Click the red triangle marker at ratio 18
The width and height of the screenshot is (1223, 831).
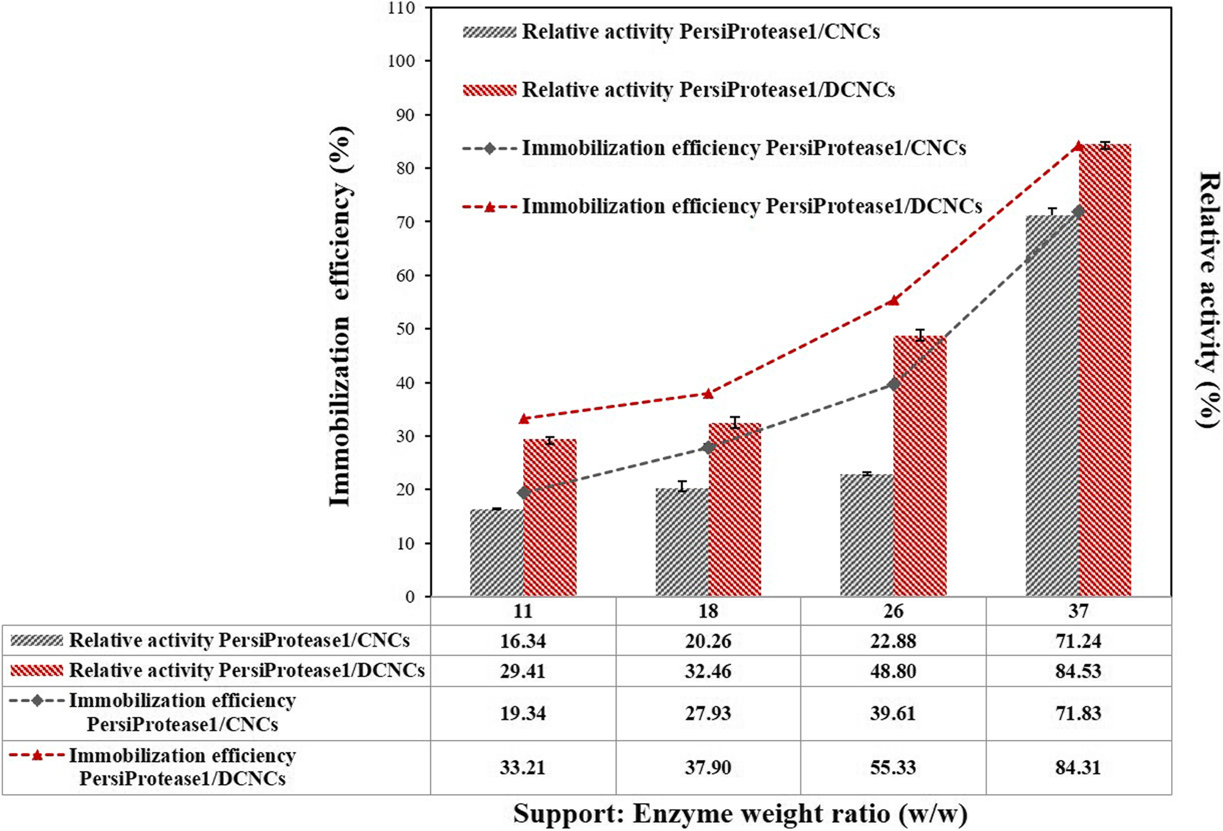tap(708, 393)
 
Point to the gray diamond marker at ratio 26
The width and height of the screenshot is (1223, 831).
tap(893, 384)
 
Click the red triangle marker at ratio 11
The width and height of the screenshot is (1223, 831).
tap(524, 418)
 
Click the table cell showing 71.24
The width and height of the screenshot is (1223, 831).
tap(1078, 641)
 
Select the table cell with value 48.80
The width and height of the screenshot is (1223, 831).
tap(893, 671)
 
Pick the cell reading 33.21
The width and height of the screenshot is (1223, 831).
tap(523, 767)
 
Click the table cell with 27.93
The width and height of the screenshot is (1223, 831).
tap(708, 713)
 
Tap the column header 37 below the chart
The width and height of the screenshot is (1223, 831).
tap(1078, 611)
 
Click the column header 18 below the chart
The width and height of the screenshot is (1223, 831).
tap(708, 611)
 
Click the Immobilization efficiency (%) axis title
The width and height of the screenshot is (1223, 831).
tap(340, 315)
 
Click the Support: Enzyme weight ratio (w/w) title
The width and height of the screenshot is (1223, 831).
tap(740, 814)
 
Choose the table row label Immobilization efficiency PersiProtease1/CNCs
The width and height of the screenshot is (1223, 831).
tap(182, 713)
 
